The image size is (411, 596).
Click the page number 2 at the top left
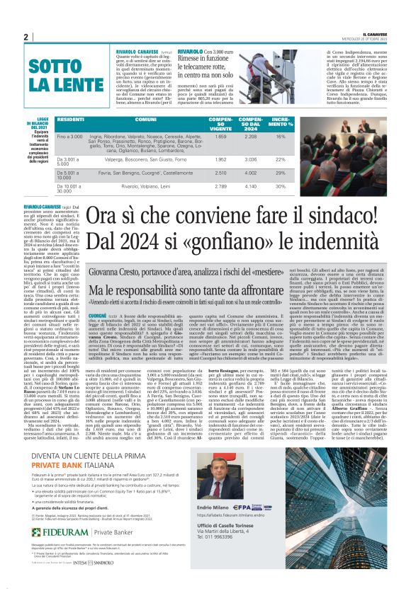[x=25, y=38]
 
